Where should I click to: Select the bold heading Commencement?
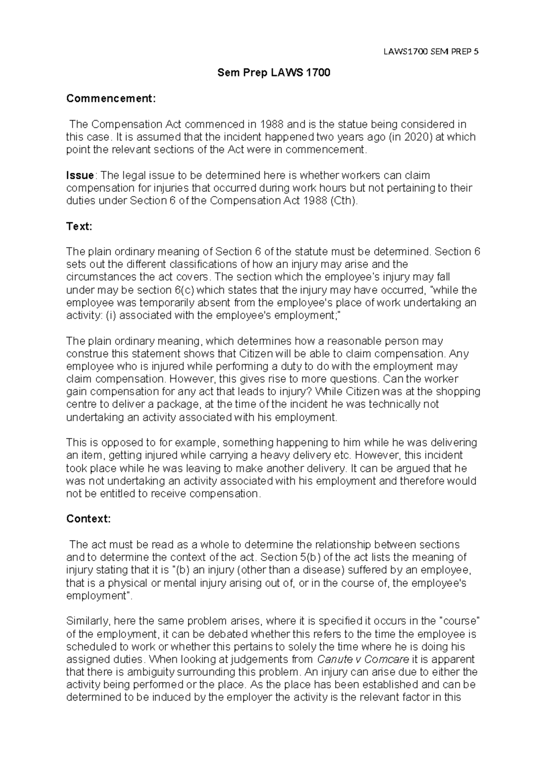click(x=111, y=98)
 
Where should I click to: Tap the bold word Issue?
click(x=80, y=175)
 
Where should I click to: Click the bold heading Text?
click(x=79, y=226)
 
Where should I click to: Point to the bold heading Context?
click(x=88, y=519)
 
